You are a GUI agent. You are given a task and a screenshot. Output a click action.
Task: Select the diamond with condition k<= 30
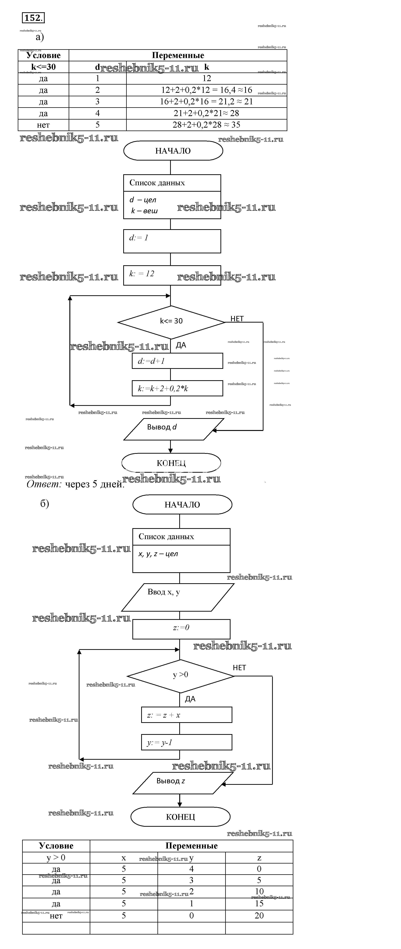[171, 321]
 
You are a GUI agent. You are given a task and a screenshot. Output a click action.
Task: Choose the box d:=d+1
[177, 361]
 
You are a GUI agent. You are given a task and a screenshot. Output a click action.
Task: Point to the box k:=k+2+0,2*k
[177, 388]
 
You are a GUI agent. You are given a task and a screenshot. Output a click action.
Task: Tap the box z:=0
[181, 629]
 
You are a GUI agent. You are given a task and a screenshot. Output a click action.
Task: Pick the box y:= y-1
[187, 742]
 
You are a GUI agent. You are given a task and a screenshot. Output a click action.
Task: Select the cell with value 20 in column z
[259, 915]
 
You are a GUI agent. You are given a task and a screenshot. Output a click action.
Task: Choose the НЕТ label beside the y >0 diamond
[239, 668]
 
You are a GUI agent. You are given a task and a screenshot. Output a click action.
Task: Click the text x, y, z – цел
[158, 554]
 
